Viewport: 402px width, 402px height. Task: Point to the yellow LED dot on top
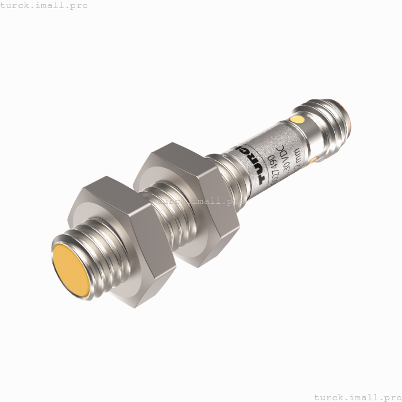[x=297, y=119]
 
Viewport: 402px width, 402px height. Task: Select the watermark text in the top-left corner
[x=44, y=5]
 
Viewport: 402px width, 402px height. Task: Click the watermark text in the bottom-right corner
[x=358, y=396]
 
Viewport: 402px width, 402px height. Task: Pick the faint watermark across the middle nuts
[x=201, y=201]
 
